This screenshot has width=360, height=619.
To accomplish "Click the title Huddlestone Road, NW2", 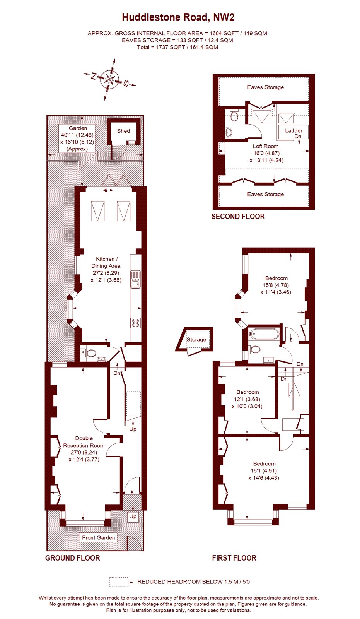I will click(x=178, y=17).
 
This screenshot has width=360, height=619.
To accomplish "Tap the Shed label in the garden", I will click(x=123, y=131).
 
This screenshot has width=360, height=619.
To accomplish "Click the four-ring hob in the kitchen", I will click(x=136, y=323).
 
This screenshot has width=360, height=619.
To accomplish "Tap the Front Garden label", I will click(x=98, y=537).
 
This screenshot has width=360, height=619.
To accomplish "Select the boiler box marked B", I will click(x=83, y=353).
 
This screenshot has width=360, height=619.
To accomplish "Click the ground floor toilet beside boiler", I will click(x=92, y=353).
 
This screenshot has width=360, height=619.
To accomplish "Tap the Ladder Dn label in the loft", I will click(x=294, y=133).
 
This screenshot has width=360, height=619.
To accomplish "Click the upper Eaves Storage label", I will click(x=265, y=87).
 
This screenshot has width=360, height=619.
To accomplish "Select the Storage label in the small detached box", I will click(x=196, y=340).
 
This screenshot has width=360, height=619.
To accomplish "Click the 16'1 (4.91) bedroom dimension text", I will click(x=264, y=471).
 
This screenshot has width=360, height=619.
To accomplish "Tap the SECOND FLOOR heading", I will click(x=238, y=217).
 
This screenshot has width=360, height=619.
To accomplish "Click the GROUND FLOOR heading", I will click(x=72, y=558).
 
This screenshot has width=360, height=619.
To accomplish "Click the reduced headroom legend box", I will click(x=119, y=582).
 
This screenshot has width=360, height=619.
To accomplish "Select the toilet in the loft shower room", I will click(x=234, y=116).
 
